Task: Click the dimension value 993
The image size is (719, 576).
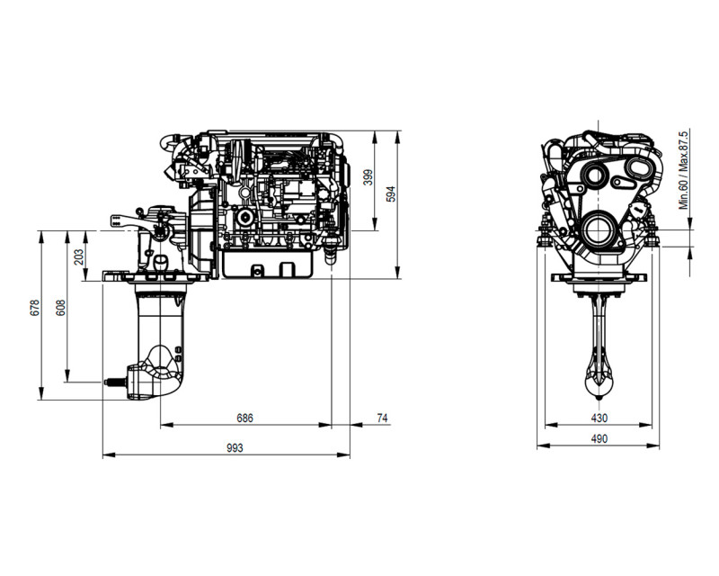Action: click(235, 448)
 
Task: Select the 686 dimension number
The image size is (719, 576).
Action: click(244, 418)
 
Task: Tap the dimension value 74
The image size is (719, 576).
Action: click(382, 418)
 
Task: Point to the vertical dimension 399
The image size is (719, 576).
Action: click(368, 177)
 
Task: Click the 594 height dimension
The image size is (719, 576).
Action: click(390, 193)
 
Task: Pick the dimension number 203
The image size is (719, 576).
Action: click(79, 256)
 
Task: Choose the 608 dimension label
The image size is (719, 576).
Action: click(60, 308)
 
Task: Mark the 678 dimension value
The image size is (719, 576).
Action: click(35, 308)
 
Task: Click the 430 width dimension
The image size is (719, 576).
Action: click(599, 418)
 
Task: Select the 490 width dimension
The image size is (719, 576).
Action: click(599, 439)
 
